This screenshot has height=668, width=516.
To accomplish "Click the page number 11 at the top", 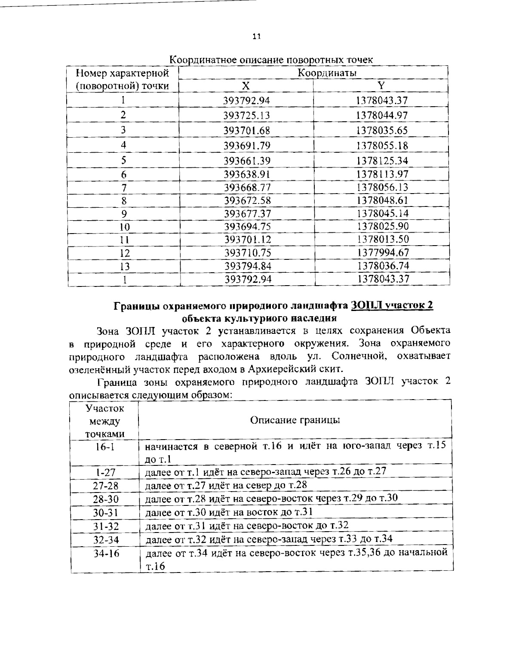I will click(x=256, y=37).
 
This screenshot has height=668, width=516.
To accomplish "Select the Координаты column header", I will click(x=327, y=73).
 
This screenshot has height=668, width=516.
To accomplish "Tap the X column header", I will click(x=246, y=86).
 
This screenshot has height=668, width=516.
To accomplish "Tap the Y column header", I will click(x=381, y=86).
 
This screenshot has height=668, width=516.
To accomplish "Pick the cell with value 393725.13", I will click(x=247, y=115).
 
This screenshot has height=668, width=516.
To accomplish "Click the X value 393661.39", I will click(x=247, y=161).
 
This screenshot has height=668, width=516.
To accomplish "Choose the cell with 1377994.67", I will click(x=382, y=252).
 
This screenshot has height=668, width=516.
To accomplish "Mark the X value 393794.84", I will click(x=248, y=266).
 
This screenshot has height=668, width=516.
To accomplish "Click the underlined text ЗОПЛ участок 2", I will click(x=392, y=306).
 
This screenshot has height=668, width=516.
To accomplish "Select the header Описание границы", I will click(x=295, y=420).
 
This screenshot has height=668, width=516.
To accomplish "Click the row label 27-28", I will click(x=105, y=486).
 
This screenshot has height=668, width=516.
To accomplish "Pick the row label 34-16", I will click(x=106, y=553).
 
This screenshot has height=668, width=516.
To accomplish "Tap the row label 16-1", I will click(x=104, y=447).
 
